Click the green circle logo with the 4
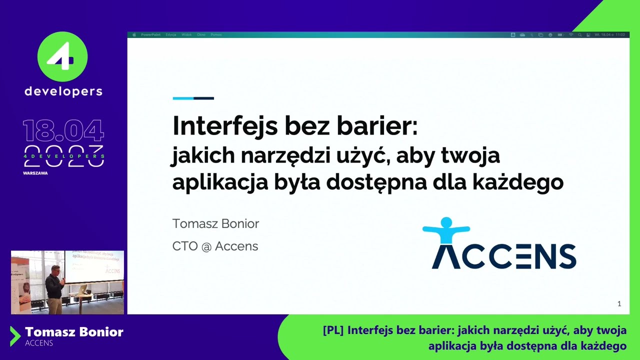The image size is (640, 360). pos(62,56)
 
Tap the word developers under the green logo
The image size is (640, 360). pos(63,91)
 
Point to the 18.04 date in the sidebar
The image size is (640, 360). pos(63,130)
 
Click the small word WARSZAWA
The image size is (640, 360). pos(35,173)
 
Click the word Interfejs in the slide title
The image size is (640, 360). pos(225,126)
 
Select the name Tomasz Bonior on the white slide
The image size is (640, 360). pos(215,223)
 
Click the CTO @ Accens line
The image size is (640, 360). pos(215,246)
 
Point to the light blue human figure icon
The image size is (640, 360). pos(446,230)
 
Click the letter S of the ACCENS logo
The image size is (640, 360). pos(567,256)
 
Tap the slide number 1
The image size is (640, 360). pos(619,303)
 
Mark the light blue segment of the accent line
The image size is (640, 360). pos(183,98)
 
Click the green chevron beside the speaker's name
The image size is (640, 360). pos(15,336)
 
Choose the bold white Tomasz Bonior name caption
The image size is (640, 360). pos(74,332)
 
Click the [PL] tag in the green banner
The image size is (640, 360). pos(333,330)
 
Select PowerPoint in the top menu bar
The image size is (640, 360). pos(150,35)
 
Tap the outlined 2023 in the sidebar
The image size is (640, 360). pos(63,156)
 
